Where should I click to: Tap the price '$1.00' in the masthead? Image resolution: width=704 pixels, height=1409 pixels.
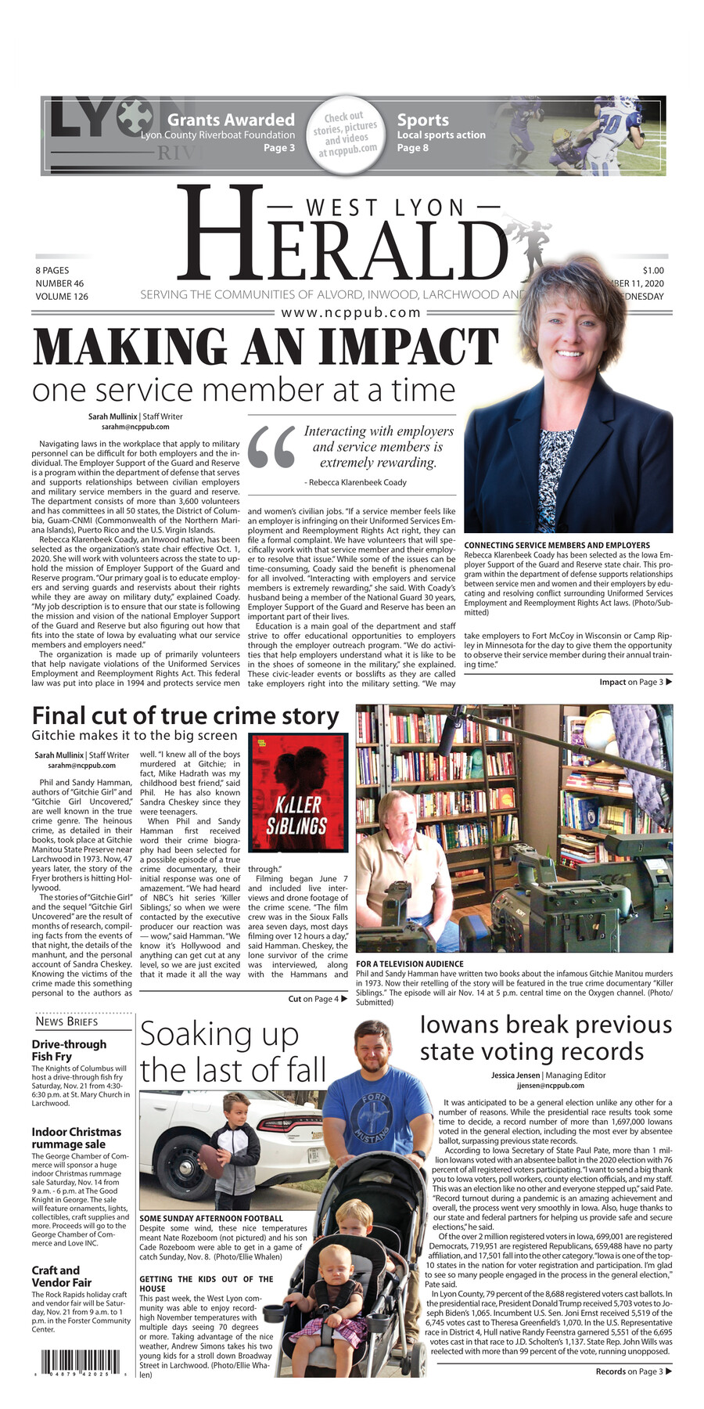tap(653, 271)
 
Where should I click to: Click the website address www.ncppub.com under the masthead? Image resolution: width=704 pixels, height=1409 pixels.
tap(351, 312)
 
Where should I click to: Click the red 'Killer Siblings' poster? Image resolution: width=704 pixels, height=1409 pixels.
tap(297, 792)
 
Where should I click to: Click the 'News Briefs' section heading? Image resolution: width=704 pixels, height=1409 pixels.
tap(66, 1022)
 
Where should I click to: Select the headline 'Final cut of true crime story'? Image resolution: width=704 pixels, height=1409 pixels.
tap(185, 715)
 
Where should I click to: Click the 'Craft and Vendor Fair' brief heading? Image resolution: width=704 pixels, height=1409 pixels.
tap(62, 1276)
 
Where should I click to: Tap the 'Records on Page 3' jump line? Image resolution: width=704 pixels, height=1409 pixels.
tap(633, 1371)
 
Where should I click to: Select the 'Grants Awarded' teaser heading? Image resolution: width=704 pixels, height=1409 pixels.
tap(231, 120)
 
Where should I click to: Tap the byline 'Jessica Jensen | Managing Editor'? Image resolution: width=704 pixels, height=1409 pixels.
tap(548, 1076)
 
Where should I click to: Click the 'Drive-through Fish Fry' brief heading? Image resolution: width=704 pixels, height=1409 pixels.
tap(69, 1050)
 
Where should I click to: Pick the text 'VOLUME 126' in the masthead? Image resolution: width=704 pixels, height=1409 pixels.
tap(62, 297)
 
